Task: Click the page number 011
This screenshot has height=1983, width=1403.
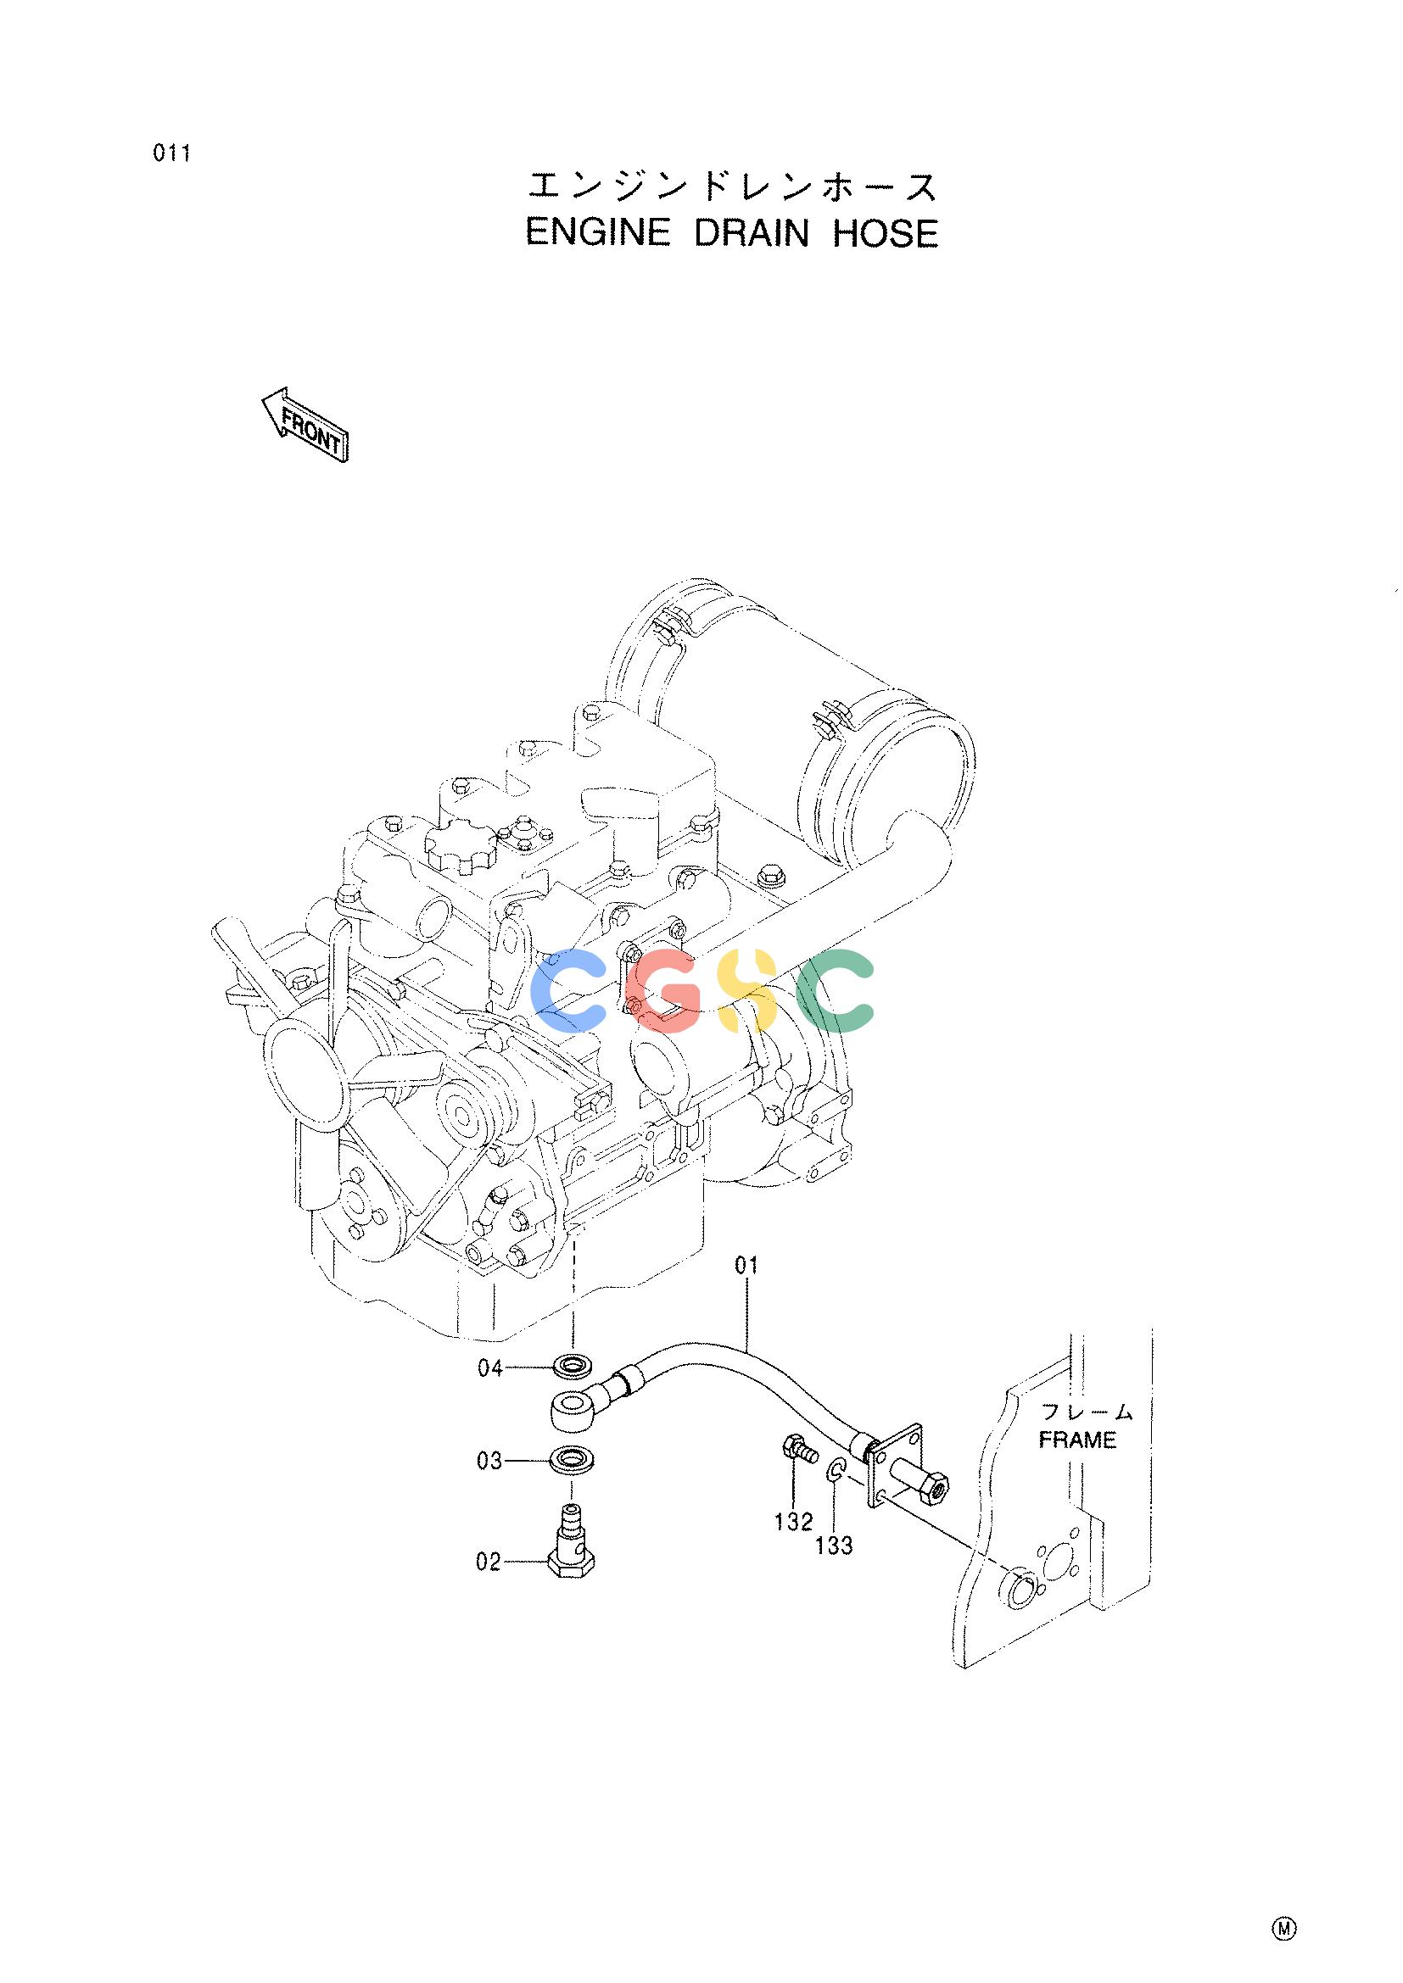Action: pos(171,154)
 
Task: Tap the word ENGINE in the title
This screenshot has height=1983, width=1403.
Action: pos(598,233)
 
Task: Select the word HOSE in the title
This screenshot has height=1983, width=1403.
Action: pos(885,233)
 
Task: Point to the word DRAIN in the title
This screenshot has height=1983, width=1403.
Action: pos(752,233)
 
